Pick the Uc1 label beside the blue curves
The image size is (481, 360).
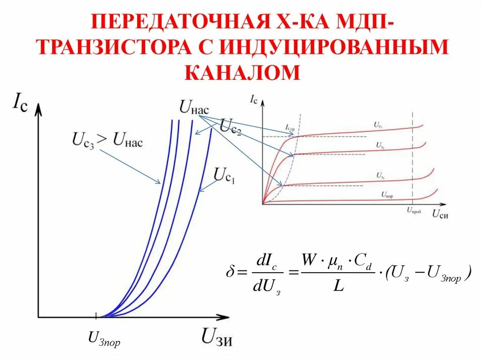[224, 175]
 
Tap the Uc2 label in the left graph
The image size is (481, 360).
[230, 127]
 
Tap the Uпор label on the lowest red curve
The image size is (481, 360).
[388, 194]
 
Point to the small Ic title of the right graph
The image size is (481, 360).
[254, 99]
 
